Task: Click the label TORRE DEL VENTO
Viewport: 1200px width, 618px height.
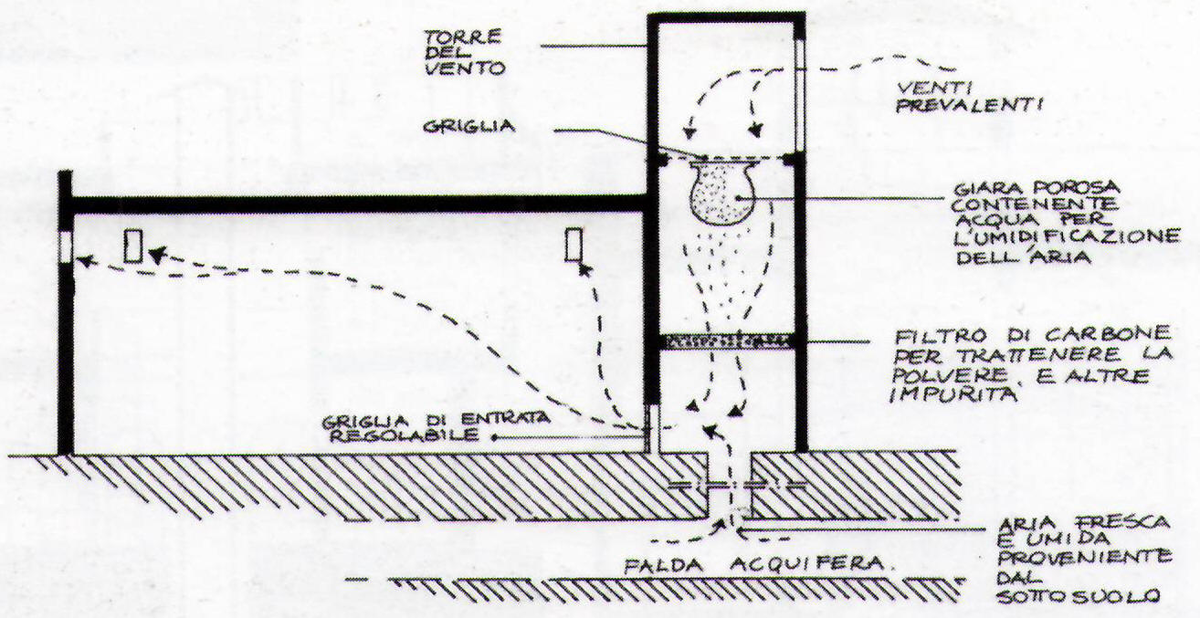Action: coord(465,53)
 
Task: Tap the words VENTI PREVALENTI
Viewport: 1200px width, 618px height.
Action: coord(970,98)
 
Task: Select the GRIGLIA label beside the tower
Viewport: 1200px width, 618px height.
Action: coord(468,127)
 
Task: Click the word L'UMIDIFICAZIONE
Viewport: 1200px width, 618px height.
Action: coord(1068,236)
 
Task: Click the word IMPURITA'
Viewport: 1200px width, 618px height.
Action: coord(953,394)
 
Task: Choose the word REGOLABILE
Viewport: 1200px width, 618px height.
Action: coord(404,435)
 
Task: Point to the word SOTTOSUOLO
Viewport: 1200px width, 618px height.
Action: coord(1078,596)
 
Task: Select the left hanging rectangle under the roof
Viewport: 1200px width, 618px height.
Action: coord(132,246)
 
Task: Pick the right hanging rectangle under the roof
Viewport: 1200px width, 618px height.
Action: coord(574,246)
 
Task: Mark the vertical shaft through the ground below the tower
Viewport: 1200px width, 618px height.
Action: coord(730,487)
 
